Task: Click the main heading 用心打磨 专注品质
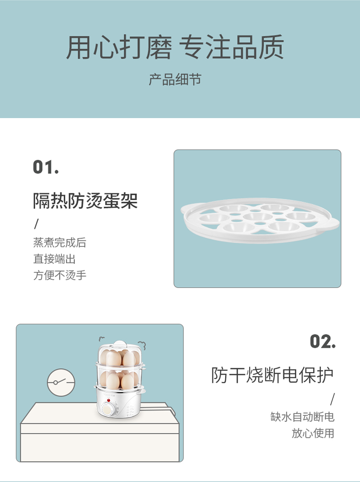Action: point(175,47)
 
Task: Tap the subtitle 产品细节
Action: point(175,79)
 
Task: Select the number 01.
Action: point(46,167)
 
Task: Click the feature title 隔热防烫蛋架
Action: point(85,201)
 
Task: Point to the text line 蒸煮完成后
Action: point(60,242)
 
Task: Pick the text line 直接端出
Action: point(54,259)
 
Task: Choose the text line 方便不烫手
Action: point(60,275)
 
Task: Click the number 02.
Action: point(323,341)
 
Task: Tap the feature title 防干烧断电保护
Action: point(272,375)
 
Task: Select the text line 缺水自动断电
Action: point(302,417)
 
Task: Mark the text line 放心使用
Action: point(313,433)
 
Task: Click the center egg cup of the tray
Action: point(258,217)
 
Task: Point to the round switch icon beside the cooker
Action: point(61,382)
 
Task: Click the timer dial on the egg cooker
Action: point(108,409)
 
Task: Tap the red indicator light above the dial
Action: point(108,400)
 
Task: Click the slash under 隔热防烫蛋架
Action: point(36,224)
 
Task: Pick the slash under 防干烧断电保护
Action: point(332,400)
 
